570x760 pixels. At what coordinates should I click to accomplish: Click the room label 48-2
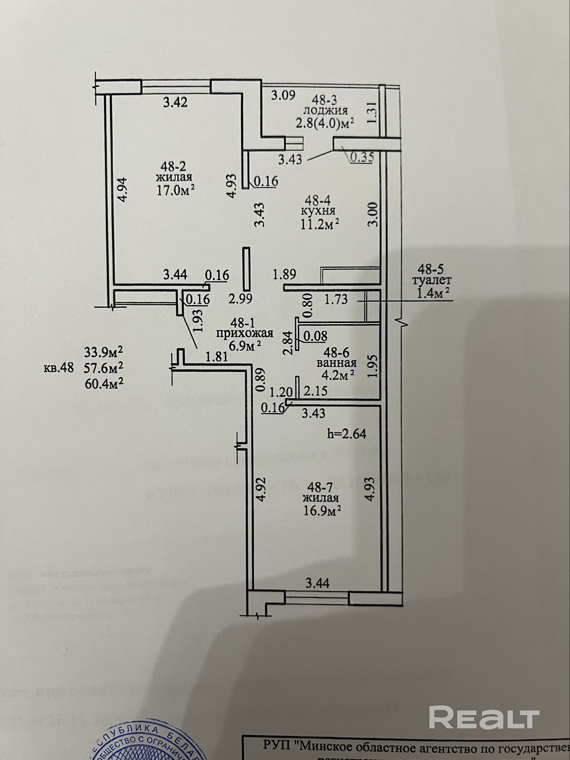[x=173, y=166]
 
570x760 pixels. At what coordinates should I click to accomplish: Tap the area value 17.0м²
[x=176, y=190]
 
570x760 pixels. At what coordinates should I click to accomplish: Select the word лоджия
[x=325, y=111]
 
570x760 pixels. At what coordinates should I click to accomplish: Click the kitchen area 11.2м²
[x=320, y=224]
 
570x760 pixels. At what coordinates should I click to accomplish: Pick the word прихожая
[x=245, y=333]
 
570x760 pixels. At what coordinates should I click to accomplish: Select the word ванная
[x=337, y=363]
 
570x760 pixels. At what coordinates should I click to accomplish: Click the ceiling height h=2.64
[x=347, y=434]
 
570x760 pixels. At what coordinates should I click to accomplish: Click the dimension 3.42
[x=175, y=102]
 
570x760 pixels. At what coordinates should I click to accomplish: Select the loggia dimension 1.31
[x=373, y=112]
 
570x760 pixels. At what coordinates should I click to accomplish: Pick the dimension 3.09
[x=283, y=95]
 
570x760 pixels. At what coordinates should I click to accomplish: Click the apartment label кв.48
[x=59, y=368]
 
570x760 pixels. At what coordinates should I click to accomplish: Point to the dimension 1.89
[x=285, y=274]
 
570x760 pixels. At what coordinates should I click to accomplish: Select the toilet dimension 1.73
[x=336, y=299]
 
